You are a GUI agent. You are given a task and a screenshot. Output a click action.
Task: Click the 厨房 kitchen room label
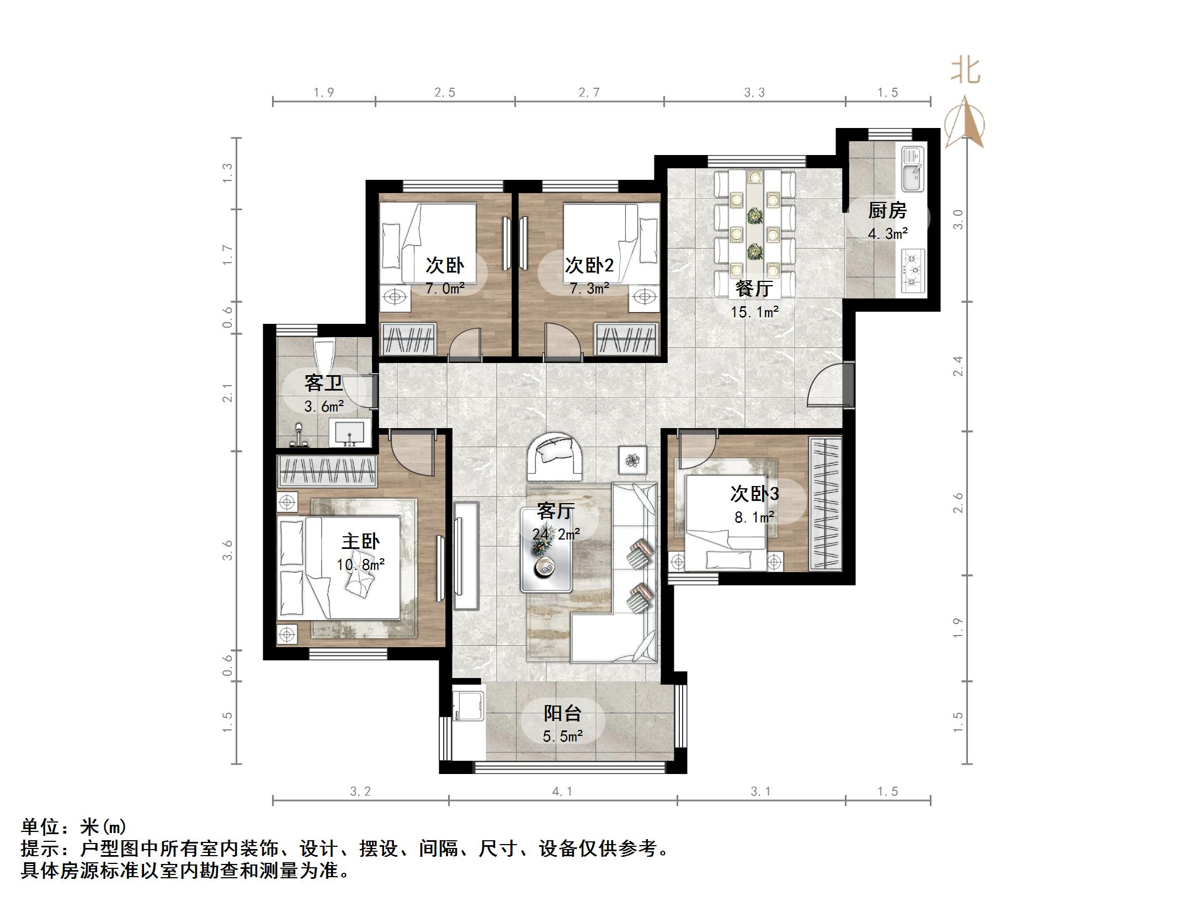click(887, 210)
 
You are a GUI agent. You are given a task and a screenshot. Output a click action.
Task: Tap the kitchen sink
click(913, 169)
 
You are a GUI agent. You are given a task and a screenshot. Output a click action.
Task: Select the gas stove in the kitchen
click(913, 270)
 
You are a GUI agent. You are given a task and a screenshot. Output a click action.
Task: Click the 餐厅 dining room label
click(754, 289)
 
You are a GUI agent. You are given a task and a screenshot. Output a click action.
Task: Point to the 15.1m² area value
click(754, 312)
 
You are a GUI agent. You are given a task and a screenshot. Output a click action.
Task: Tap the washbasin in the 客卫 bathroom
click(350, 433)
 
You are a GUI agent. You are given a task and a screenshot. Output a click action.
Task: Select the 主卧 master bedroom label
click(360, 541)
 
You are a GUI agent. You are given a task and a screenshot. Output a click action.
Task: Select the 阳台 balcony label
click(562, 713)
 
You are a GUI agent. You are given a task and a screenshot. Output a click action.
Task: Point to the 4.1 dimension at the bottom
click(562, 792)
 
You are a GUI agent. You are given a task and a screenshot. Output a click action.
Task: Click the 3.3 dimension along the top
click(754, 93)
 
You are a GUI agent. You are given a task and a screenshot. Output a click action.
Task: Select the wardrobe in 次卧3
click(826, 503)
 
